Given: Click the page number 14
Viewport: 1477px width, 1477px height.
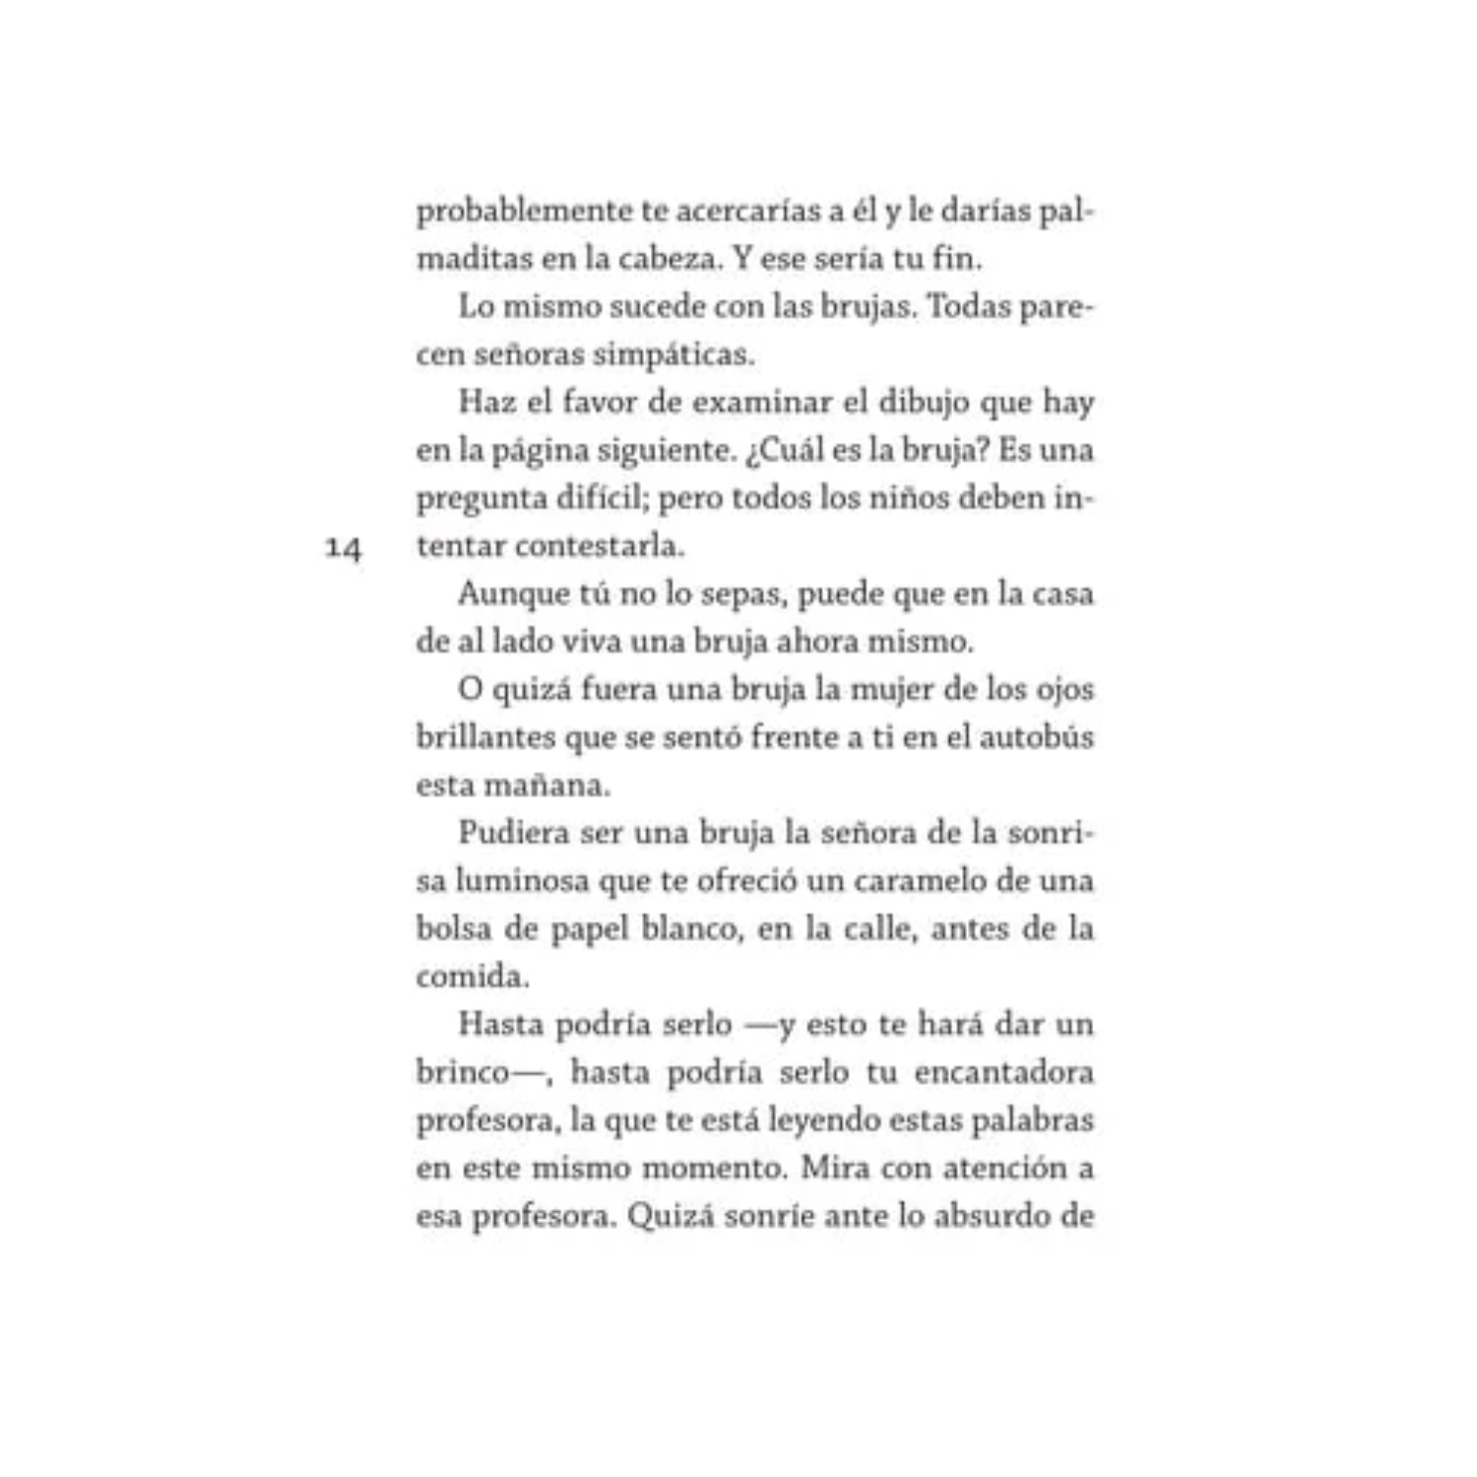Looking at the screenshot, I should tap(344, 547).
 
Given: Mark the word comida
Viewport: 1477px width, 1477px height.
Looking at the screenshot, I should tap(472, 977).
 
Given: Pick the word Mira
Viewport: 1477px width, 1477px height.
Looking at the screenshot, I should tap(835, 1168).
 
